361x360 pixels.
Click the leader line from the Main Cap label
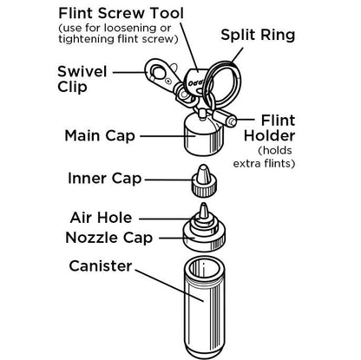pos(161,135)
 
